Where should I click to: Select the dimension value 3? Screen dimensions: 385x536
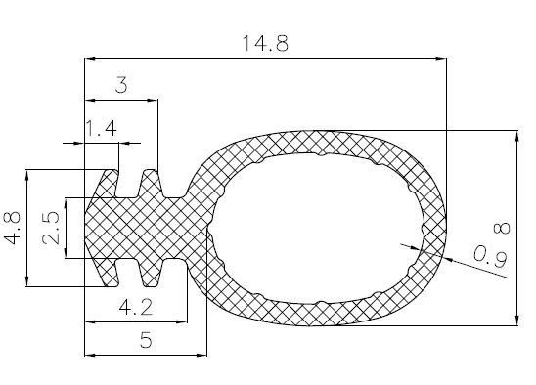(120, 86)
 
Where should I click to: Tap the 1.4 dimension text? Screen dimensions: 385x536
(101, 128)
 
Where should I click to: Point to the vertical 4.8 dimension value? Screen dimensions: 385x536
(12, 227)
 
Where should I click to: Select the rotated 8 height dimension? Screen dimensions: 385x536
(501, 228)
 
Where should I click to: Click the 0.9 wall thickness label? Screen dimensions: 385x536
(488, 257)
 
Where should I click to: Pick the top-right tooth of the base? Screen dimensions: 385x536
(150, 180)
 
